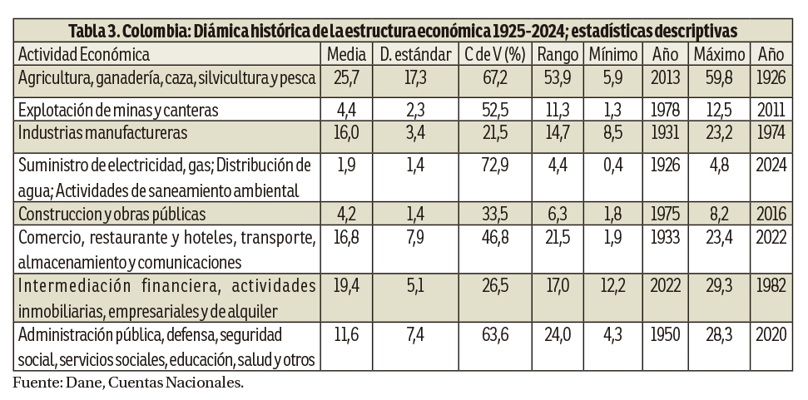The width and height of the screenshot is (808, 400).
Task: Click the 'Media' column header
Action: [x=347, y=56]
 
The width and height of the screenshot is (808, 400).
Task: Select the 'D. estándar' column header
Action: [x=414, y=56]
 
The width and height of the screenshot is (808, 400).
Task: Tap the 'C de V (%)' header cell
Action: [x=493, y=56]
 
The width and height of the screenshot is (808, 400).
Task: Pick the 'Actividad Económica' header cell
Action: [x=84, y=56]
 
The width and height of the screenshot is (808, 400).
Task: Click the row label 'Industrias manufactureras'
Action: [x=102, y=132]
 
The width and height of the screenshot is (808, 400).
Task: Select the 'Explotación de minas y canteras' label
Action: [x=118, y=110]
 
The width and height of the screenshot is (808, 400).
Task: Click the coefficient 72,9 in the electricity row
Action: [x=493, y=164]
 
